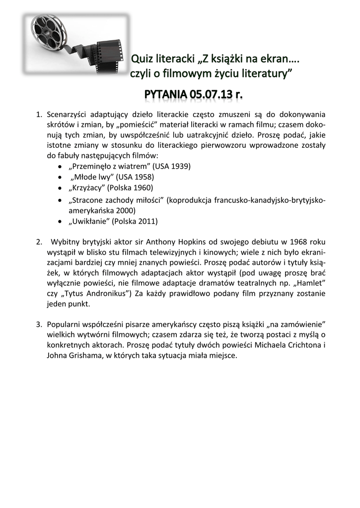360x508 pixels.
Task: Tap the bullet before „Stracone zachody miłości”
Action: pos(60,200)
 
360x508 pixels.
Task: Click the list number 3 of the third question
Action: pos(38,324)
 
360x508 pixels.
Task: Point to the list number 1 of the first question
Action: pos(38,115)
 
